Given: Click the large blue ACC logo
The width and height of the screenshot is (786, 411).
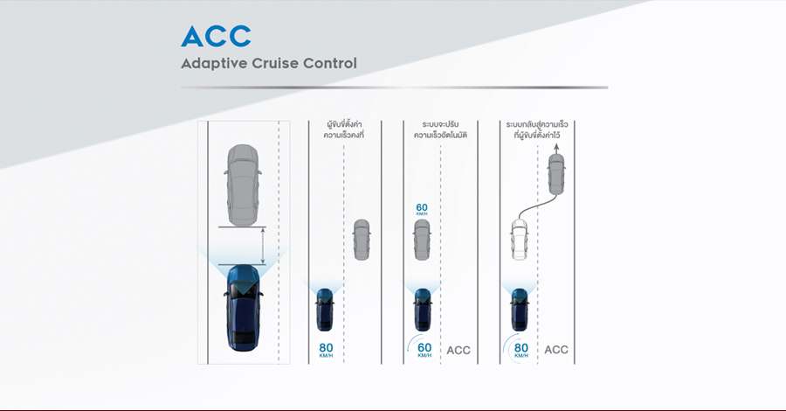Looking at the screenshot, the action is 216,36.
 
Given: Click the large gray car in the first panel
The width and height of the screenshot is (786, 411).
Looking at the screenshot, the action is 243,185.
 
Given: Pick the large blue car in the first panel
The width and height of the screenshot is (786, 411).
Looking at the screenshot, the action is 244,307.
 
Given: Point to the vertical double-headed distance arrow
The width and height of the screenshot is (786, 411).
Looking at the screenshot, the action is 263,246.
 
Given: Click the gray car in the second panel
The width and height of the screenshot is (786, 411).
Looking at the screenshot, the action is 362,240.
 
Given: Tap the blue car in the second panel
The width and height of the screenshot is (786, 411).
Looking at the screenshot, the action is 325,310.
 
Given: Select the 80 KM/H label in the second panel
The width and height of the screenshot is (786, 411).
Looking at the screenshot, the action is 326,350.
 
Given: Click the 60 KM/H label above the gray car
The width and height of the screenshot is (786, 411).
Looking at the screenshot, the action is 422,209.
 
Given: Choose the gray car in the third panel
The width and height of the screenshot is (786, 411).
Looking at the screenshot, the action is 422,240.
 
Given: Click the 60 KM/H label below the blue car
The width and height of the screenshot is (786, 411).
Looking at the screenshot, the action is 424,349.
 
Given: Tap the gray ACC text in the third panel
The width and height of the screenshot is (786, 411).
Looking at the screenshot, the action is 458,351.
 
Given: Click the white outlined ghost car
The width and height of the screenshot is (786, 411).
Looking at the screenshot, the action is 520,240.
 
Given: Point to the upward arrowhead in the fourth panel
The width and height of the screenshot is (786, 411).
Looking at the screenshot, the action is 556,147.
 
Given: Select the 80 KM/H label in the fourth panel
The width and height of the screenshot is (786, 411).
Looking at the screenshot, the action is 521,349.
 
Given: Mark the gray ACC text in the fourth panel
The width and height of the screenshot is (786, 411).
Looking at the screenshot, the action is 556,350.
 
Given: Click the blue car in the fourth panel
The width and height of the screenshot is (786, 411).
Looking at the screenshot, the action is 520,310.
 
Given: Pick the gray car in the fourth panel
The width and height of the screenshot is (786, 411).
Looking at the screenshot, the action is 556,174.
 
